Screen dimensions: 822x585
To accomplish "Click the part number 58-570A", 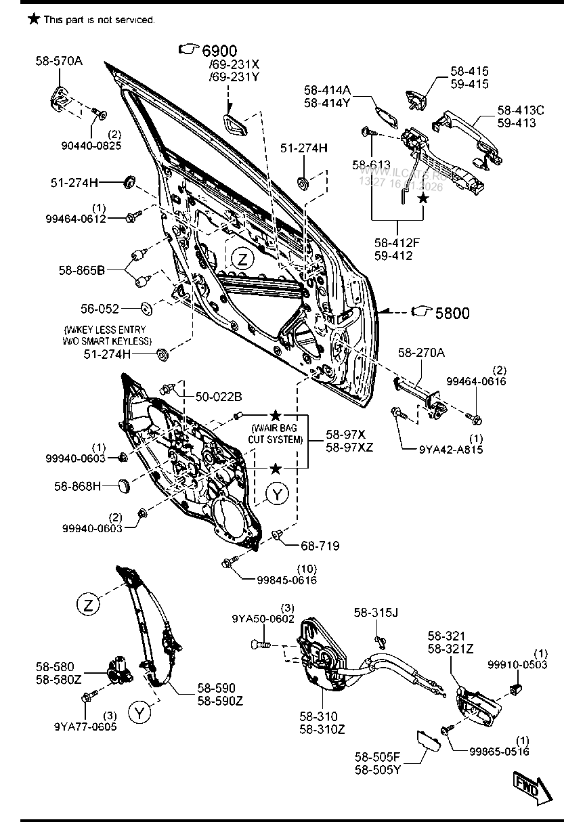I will pos(59,61).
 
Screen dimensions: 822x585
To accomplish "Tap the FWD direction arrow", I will pos(532,787).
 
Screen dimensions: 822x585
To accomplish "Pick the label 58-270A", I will pos(421,352).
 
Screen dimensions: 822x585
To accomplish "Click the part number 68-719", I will pos(321,546).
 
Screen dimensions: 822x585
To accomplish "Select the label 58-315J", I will pos(376,613).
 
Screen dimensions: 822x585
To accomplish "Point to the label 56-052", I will pos(101,309).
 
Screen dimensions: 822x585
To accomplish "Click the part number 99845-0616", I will pos(286,580).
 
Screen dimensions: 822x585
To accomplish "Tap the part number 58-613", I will pos(371,164).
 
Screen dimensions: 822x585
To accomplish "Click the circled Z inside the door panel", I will pos(243,257).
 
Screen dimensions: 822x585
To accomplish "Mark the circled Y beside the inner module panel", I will pos(277,495).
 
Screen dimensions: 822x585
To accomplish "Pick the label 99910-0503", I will pos(517,666).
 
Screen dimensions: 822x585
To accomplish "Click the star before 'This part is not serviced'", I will pos(33,20).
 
